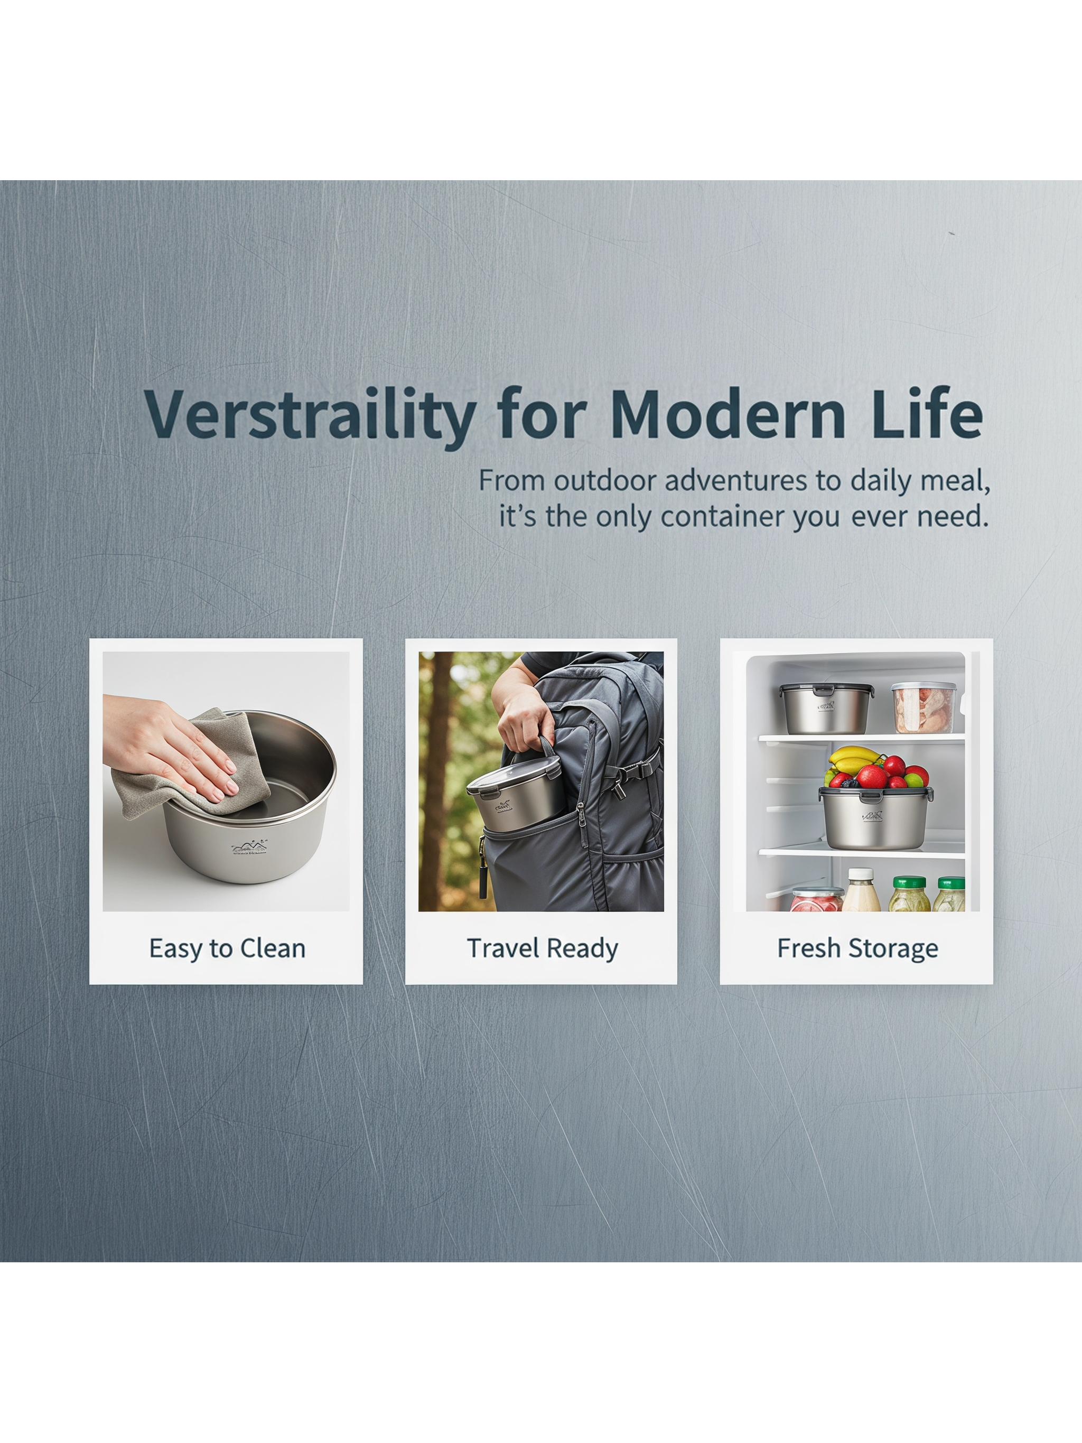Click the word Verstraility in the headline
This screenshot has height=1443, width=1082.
(309, 417)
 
